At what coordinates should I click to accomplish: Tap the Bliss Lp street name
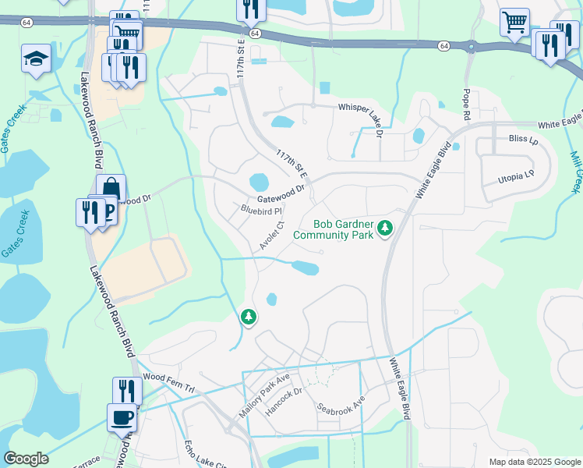523,138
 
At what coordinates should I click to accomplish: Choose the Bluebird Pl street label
260,209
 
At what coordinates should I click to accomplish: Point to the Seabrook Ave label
341,406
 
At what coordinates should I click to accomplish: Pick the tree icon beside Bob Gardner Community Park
384,228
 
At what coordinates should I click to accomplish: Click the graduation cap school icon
36,58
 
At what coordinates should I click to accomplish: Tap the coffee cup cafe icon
122,417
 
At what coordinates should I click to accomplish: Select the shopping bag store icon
111,188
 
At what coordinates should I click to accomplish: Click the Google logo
26,459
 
